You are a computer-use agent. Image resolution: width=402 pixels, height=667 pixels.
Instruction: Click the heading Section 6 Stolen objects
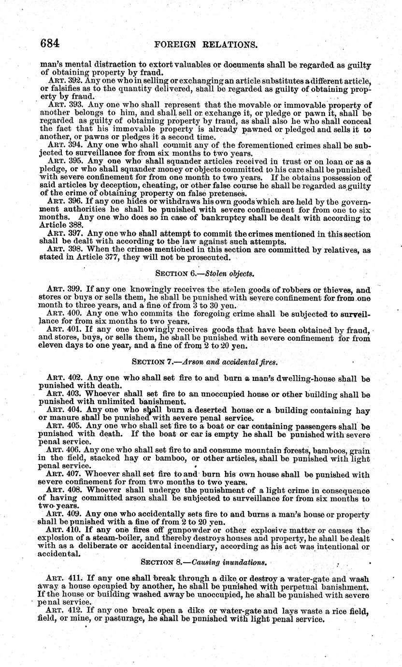pyautogui.click(x=204, y=274)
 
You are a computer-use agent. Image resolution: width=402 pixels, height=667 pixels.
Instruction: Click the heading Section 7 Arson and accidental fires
pyautogui.click(x=205, y=361)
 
